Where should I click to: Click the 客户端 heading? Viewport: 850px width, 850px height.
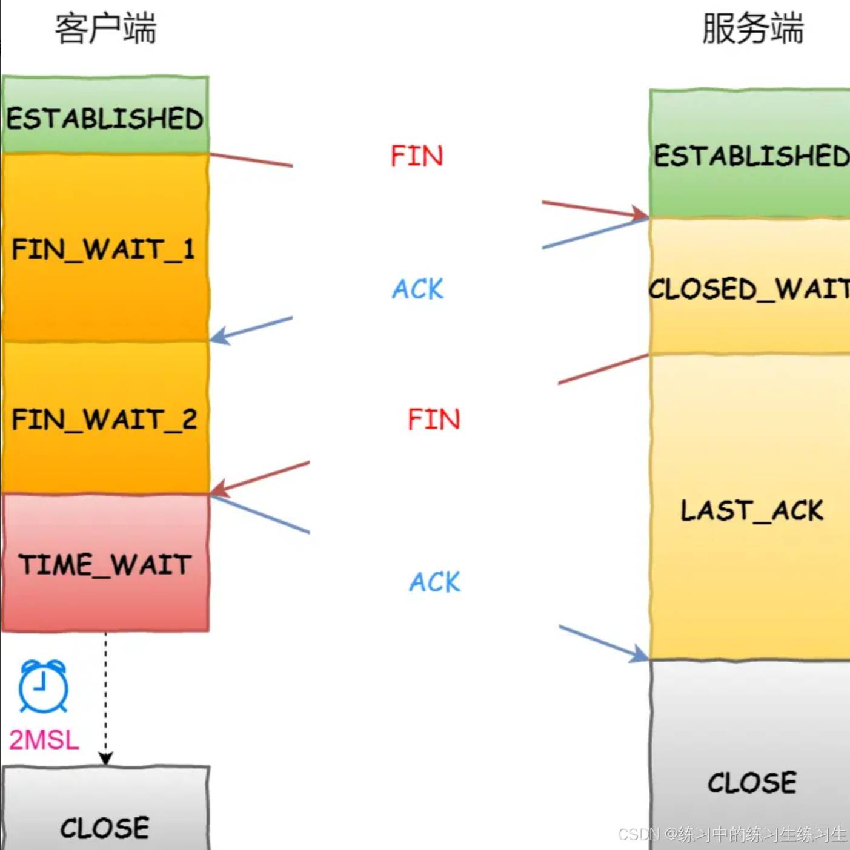tap(105, 29)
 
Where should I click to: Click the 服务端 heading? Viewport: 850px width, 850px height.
tap(752, 29)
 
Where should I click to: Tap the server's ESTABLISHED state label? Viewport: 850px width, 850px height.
tap(751, 156)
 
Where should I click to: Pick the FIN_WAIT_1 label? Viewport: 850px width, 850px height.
tap(104, 249)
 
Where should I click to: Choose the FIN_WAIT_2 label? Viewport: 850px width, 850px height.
tap(104, 420)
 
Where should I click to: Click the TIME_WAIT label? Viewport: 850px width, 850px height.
tap(105, 565)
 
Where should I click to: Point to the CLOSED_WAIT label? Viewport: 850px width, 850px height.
tap(749, 289)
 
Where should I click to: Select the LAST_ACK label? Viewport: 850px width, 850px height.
tap(752, 511)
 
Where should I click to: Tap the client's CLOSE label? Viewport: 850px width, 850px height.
tap(105, 828)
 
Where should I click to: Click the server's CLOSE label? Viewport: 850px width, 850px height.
tap(752, 783)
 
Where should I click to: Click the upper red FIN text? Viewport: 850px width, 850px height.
tap(417, 156)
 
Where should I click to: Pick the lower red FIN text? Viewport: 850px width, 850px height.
tap(434, 420)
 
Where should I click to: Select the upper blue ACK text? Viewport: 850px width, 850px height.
tap(418, 289)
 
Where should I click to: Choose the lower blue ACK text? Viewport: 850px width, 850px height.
tap(434, 582)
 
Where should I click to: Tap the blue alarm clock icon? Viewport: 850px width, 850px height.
tap(43, 686)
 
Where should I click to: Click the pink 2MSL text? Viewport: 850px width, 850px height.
tap(44, 740)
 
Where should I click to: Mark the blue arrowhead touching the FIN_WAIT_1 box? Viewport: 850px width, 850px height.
tap(219, 336)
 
